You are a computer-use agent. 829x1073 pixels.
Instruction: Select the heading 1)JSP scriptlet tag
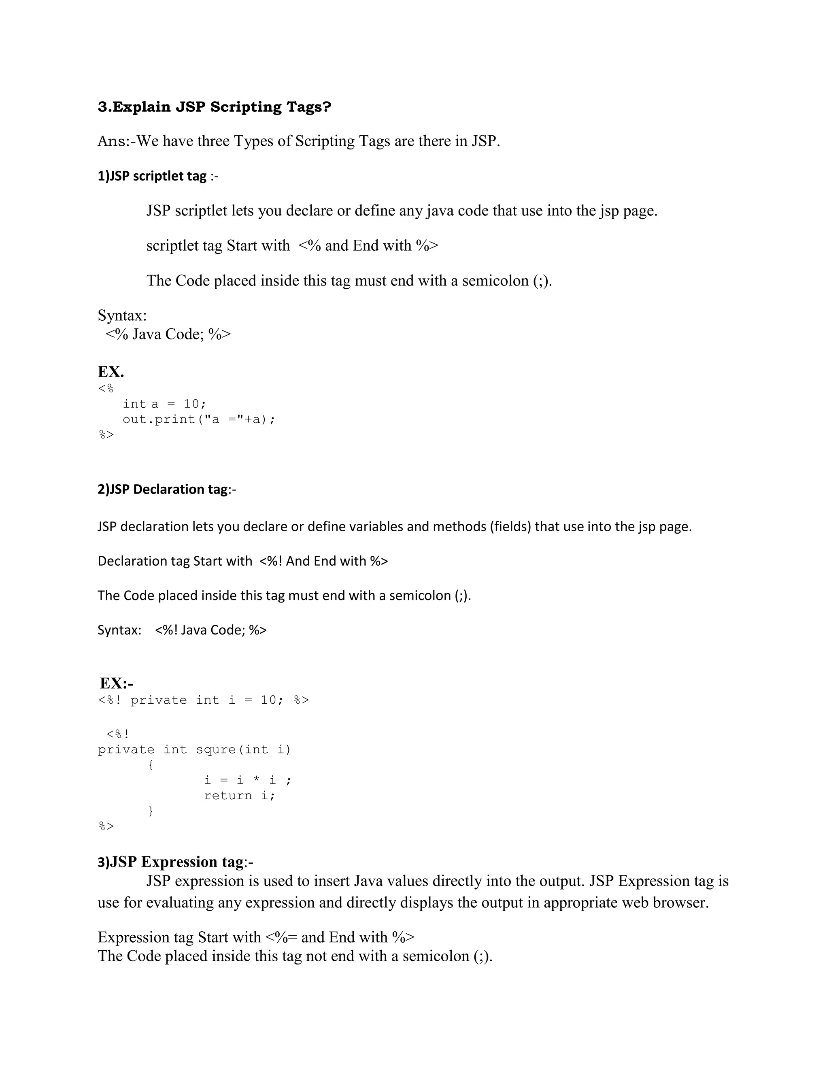[x=152, y=176]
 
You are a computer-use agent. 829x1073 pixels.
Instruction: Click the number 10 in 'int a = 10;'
[x=191, y=404]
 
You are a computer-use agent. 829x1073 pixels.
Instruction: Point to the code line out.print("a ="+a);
[x=199, y=419]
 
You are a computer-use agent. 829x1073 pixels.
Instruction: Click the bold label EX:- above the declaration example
[x=117, y=683]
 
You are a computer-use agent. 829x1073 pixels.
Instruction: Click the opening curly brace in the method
[x=151, y=764]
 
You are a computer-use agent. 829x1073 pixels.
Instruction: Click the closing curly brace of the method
[x=151, y=811]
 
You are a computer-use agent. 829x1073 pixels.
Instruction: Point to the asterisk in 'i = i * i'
[x=256, y=780]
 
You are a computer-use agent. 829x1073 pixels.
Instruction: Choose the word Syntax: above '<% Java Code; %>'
[x=122, y=315]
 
